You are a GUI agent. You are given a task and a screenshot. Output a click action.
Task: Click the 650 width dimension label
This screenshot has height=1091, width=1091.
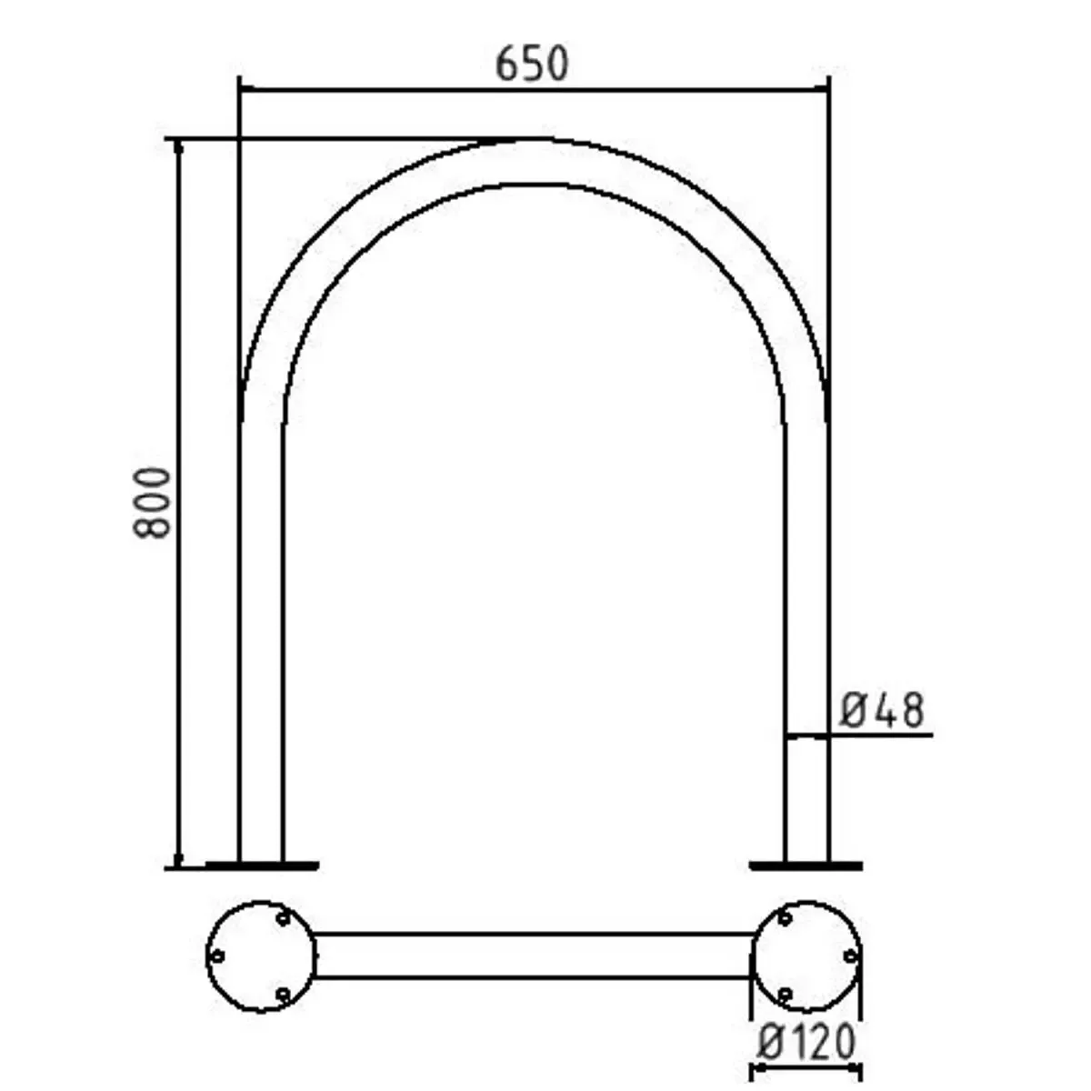pyautogui.click(x=532, y=65)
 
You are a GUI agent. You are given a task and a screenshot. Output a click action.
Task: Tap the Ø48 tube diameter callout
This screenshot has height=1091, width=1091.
pyautogui.click(x=881, y=710)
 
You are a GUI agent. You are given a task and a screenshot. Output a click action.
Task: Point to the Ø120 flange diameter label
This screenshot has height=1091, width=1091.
pyautogui.click(x=806, y=1042)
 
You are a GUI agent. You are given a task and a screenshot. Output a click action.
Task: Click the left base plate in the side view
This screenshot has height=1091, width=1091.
pyautogui.click(x=261, y=865)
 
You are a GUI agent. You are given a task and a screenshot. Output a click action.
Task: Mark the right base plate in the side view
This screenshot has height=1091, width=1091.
pyautogui.click(x=806, y=865)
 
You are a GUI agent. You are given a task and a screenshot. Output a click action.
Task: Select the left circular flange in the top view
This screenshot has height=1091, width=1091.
pyautogui.click(x=261, y=956)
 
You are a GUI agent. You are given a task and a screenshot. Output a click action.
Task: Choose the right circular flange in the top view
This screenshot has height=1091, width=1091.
pyautogui.click(x=807, y=956)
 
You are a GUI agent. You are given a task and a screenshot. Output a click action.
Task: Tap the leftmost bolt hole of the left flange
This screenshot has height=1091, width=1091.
pyautogui.click(x=216, y=956)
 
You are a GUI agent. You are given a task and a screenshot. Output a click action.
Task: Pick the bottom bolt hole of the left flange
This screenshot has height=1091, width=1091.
pyautogui.click(x=283, y=995)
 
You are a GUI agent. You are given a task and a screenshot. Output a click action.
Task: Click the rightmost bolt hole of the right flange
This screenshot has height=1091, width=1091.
pyautogui.click(x=851, y=956)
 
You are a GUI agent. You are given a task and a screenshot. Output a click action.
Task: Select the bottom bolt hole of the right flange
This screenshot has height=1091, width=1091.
pyautogui.click(x=785, y=995)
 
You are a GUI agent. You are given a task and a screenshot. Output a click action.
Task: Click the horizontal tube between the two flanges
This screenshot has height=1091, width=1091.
pyautogui.click(x=534, y=956)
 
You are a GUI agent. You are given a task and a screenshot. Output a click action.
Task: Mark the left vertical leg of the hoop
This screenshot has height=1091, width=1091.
pyautogui.click(x=261, y=636)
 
